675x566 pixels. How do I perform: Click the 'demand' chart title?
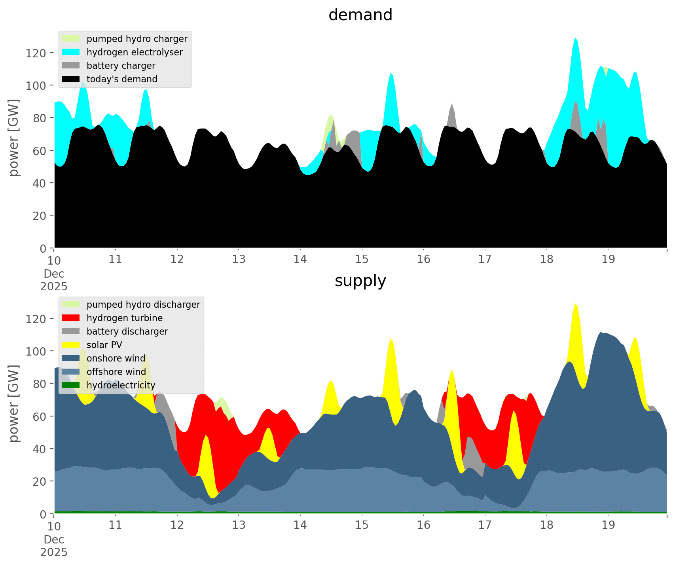click(x=360, y=15)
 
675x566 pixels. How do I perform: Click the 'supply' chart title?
click(x=360, y=281)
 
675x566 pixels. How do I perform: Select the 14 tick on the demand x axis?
click(x=300, y=259)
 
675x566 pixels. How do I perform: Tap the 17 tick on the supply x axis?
click(x=485, y=525)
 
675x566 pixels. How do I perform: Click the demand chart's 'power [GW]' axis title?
click(x=14, y=138)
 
